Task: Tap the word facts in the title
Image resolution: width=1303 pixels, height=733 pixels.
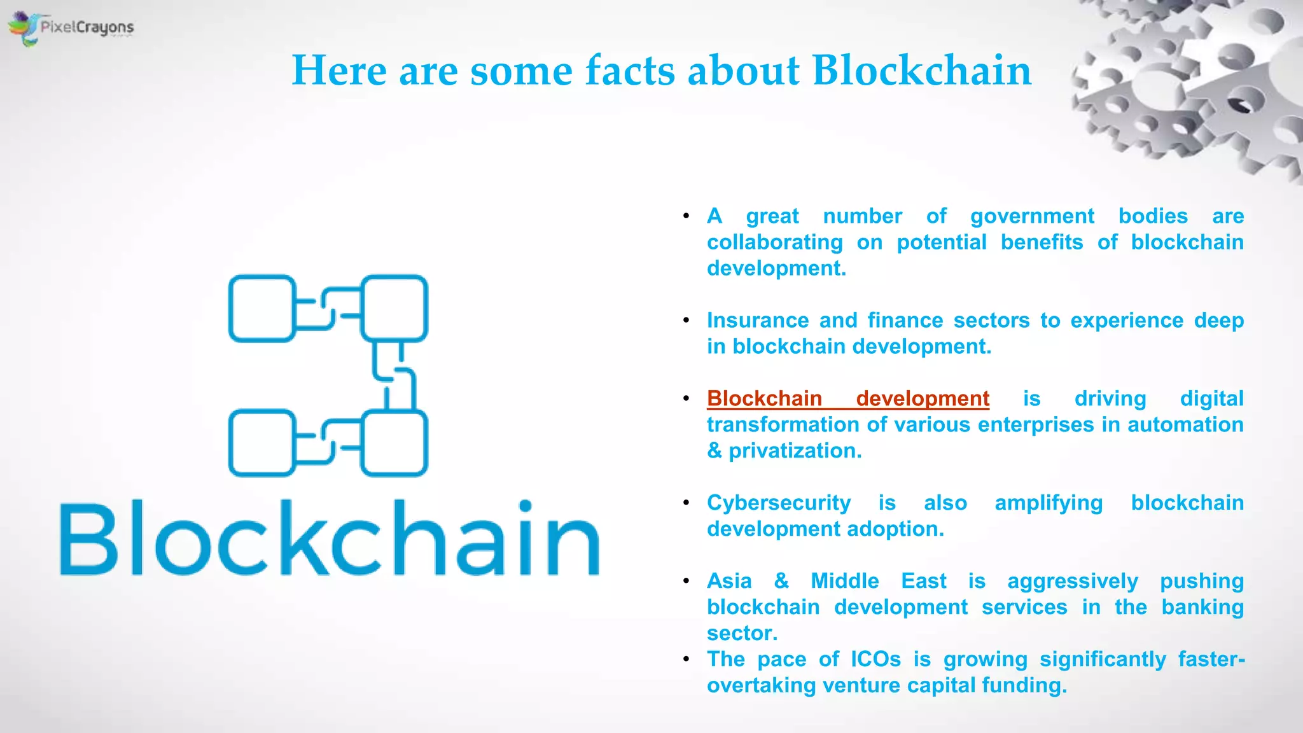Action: (630, 70)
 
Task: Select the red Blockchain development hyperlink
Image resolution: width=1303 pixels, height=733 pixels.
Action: (847, 399)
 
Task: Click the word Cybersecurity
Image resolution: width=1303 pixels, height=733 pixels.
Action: (778, 503)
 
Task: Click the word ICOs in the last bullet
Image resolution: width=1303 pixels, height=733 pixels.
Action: (875, 660)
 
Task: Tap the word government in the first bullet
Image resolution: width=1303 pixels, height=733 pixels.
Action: (1032, 217)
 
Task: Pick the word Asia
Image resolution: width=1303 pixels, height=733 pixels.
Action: (729, 582)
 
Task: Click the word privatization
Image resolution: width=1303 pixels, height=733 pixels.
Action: (795, 451)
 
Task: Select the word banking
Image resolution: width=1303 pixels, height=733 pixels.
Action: (1202, 608)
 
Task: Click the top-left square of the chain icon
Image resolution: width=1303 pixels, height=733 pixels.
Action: (261, 309)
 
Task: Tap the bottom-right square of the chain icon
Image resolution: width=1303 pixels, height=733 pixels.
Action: (394, 443)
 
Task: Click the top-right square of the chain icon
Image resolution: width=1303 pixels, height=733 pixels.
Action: (394, 309)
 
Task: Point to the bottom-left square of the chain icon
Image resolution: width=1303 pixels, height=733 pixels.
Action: (261, 443)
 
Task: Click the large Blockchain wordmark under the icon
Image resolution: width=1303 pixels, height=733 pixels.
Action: (330, 539)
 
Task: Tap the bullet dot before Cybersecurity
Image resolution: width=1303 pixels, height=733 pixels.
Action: (686, 503)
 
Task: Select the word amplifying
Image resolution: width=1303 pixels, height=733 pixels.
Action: (1049, 503)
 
